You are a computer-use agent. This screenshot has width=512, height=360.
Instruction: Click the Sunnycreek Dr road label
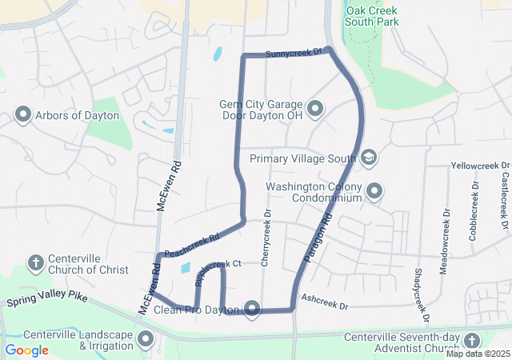click(x=286, y=53)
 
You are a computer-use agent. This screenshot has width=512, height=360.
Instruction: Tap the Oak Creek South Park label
click(x=371, y=17)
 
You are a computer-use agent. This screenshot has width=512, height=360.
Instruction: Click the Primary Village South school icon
click(x=368, y=158)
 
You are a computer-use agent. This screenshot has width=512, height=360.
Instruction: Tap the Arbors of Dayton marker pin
click(x=22, y=115)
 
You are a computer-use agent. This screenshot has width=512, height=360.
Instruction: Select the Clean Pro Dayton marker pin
click(x=253, y=309)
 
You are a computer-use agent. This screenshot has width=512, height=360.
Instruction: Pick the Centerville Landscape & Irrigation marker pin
click(x=146, y=340)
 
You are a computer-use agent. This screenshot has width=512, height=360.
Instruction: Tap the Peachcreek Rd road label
click(x=192, y=245)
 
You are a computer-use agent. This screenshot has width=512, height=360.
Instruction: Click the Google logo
click(x=26, y=350)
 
